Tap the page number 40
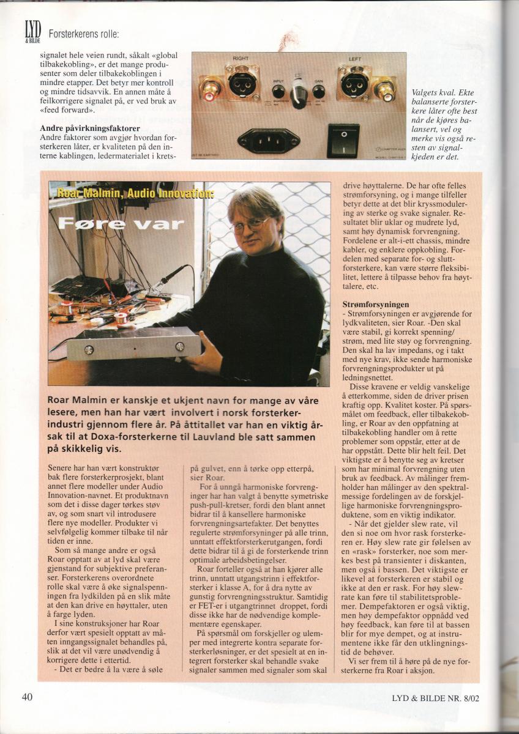[x=27, y=697]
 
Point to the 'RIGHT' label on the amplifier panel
[x=241, y=59]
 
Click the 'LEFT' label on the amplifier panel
[x=355, y=59]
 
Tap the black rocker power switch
[x=343, y=140]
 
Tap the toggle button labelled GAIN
[x=318, y=92]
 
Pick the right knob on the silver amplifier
[x=179, y=346]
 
